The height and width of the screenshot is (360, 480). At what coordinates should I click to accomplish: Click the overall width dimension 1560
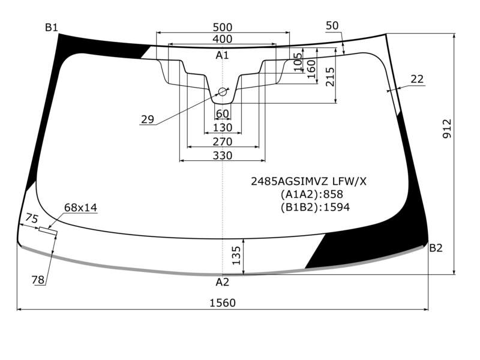223,303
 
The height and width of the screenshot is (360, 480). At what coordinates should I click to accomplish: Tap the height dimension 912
447,129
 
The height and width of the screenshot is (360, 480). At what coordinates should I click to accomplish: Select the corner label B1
52,28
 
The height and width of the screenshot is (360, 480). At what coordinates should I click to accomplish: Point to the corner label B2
436,248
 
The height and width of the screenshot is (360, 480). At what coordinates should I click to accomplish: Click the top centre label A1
222,55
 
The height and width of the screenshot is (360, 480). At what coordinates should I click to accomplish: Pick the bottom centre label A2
222,282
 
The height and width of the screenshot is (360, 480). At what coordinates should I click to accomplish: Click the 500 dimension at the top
223,27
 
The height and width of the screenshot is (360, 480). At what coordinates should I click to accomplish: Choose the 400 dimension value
223,39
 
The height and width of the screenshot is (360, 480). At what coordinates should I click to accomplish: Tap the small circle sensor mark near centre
223,92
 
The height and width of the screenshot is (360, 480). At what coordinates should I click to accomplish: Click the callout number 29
148,119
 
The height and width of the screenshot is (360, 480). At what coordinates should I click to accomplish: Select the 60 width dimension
222,113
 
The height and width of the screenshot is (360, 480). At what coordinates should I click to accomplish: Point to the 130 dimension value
223,127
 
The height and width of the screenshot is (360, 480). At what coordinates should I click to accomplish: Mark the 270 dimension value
223,142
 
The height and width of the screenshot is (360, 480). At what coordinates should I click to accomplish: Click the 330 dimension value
223,155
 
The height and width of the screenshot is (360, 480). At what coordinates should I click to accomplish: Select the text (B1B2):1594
316,207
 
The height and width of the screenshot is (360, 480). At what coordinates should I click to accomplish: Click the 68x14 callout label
80,208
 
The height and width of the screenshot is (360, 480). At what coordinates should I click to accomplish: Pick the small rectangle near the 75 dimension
48,231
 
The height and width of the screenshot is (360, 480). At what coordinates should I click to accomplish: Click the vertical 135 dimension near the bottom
236,256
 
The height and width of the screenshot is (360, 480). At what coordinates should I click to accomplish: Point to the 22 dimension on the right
417,79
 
